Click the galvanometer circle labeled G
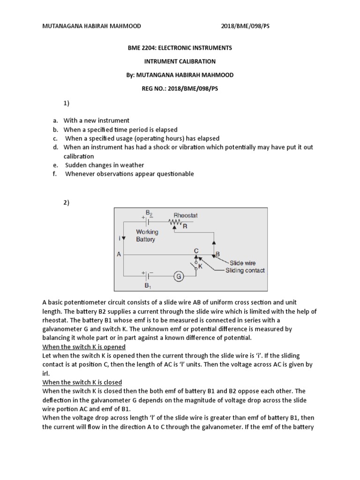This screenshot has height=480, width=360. tap(179, 277)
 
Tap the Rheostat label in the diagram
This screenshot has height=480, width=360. tap(186, 216)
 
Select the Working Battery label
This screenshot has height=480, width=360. tap(147, 235)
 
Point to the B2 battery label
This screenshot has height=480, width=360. tap(149, 213)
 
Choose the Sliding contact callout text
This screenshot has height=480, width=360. tap(245, 270)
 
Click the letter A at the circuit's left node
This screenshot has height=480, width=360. tap(119, 255)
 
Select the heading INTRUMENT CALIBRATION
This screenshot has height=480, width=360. tap(180, 61)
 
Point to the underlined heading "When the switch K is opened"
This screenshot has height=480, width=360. tap(84, 347)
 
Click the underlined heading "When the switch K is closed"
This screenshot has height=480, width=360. tap(82, 382)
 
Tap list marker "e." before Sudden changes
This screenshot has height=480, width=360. tap(55, 165)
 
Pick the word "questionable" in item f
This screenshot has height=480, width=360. tap(171, 174)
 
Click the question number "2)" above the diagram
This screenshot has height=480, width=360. tap(67, 202)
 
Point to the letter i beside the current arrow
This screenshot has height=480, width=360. tap(120, 238)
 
